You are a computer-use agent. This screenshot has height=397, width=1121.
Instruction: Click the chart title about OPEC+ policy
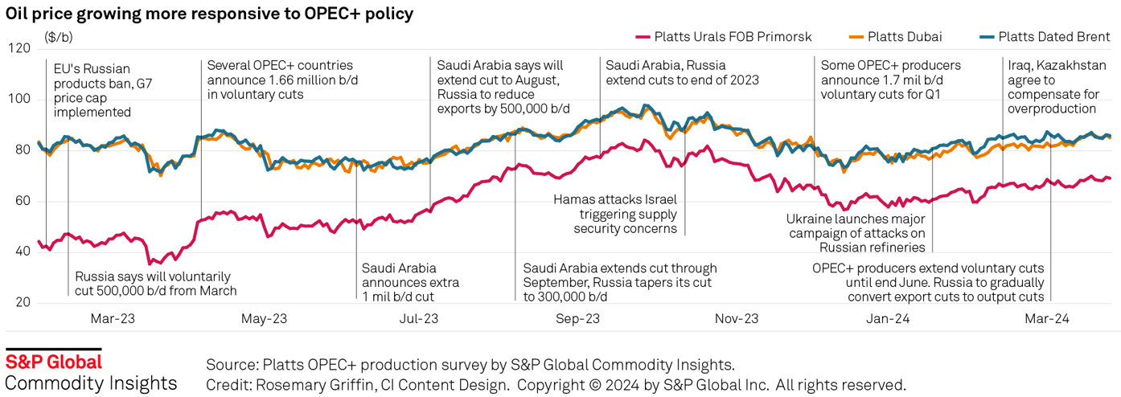[210, 14]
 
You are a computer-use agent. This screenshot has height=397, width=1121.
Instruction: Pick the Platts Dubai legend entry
[904, 36]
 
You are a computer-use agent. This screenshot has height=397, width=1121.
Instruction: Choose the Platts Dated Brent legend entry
[1053, 36]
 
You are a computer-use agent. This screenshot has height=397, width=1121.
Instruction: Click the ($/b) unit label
[58, 36]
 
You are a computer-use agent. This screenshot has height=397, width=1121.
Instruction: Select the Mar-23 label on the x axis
[113, 318]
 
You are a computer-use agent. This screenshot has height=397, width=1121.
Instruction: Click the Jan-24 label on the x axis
[888, 318]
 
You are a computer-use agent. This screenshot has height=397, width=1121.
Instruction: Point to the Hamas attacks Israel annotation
[615, 214]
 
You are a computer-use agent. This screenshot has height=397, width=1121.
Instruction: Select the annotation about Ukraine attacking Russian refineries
[856, 233]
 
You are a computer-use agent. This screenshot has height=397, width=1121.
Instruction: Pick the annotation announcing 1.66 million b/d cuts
[280, 80]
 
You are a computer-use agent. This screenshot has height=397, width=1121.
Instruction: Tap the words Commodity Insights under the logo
[91, 383]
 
